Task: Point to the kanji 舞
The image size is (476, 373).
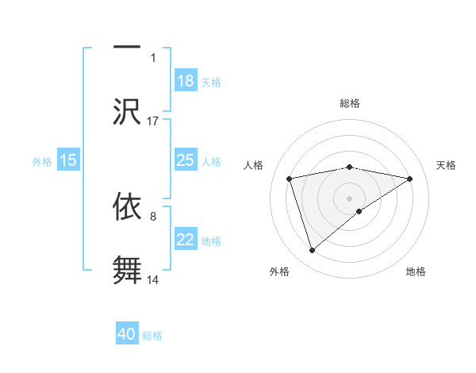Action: tap(128, 268)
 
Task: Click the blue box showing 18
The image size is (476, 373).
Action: tap(186, 80)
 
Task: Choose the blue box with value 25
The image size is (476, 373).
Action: tap(186, 160)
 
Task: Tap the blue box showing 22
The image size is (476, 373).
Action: tap(186, 240)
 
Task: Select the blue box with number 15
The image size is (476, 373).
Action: tap(68, 160)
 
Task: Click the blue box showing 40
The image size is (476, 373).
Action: tap(127, 334)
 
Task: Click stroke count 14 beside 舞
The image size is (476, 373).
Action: tap(153, 280)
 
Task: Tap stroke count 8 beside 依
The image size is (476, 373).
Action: tap(153, 215)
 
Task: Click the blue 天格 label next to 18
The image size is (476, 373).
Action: tap(211, 82)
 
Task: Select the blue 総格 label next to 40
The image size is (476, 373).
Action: tap(152, 336)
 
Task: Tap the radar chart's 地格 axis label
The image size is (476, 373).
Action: tap(416, 271)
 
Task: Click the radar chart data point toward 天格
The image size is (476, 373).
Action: tap(410, 179)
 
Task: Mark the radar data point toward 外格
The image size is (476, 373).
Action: tap(313, 251)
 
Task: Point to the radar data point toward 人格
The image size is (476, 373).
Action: tap(290, 178)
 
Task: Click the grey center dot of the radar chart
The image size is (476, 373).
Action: tap(350, 198)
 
